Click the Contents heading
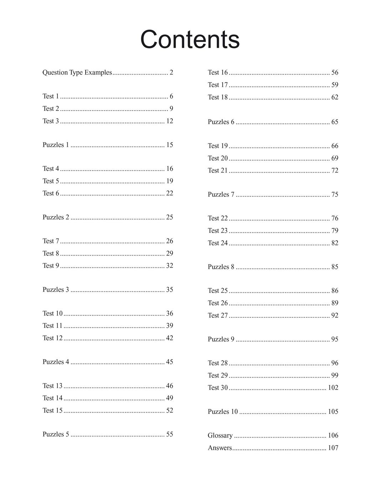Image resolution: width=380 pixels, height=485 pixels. [x=190, y=39]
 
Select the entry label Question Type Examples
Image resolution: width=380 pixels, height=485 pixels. [x=77, y=72]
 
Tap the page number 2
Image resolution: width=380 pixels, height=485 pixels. [x=171, y=72]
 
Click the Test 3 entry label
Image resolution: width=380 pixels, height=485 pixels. [x=51, y=121]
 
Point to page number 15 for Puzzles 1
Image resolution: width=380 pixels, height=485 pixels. [x=169, y=145]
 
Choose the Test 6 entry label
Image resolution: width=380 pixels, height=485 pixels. [x=51, y=193]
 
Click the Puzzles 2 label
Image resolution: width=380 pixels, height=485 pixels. [x=56, y=217]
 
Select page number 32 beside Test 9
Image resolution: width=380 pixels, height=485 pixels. [x=169, y=265]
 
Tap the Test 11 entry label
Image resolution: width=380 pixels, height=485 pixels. [x=52, y=325]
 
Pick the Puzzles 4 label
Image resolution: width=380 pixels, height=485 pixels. [x=56, y=362]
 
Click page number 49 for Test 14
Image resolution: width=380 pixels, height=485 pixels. [x=169, y=398]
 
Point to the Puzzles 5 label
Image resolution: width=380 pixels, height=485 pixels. [x=56, y=434]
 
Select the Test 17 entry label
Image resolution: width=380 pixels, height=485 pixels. [x=217, y=85]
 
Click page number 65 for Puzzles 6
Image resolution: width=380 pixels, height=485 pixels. [x=335, y=122]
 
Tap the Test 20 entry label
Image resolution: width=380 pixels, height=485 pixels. [x=217, y=158]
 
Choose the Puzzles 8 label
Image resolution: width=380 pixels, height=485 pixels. [x=221, y=267]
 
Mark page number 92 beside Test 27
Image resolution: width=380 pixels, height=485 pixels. [x=335, y=315]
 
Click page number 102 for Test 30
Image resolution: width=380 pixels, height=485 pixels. [x=333, y=387]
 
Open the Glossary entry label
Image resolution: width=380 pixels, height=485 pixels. [x=220, y=435]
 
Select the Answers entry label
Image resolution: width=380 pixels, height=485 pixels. [x=220, y=448]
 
